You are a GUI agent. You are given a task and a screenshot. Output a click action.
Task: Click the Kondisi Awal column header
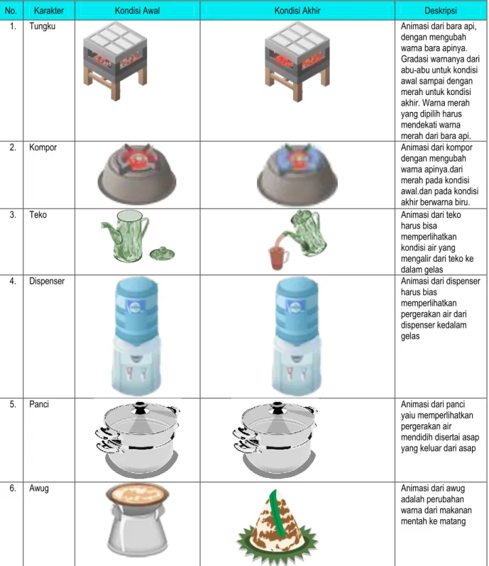tap(137, 11)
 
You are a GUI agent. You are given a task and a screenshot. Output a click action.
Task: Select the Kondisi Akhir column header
tap(297, 11)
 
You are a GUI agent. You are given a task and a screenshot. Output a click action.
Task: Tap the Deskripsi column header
tap(440, 11)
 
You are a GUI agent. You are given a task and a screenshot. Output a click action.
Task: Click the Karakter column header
tap(49, 11)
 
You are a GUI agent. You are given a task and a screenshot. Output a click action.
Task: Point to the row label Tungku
tap(43, 26)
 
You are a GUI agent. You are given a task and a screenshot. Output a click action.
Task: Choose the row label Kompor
tap(43, 148)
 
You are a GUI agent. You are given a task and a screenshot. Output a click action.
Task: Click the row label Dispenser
tap(47, 281)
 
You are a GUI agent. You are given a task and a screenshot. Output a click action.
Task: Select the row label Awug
tap(38, 488)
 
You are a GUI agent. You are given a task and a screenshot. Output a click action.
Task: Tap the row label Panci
tap(39, 404)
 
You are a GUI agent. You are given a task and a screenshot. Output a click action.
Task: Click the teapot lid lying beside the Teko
tap(162, 253)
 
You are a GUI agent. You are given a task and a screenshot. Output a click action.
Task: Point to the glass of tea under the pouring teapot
tap(278, 257)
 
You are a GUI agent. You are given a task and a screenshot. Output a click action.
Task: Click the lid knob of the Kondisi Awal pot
tap(139, 408)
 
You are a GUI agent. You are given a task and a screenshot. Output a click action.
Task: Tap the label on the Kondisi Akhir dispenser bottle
tap(296, 307)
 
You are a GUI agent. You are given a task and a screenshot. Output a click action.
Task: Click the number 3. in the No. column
tap(13, 215)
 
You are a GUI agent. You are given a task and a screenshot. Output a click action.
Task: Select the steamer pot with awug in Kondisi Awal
tap(137, 519)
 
